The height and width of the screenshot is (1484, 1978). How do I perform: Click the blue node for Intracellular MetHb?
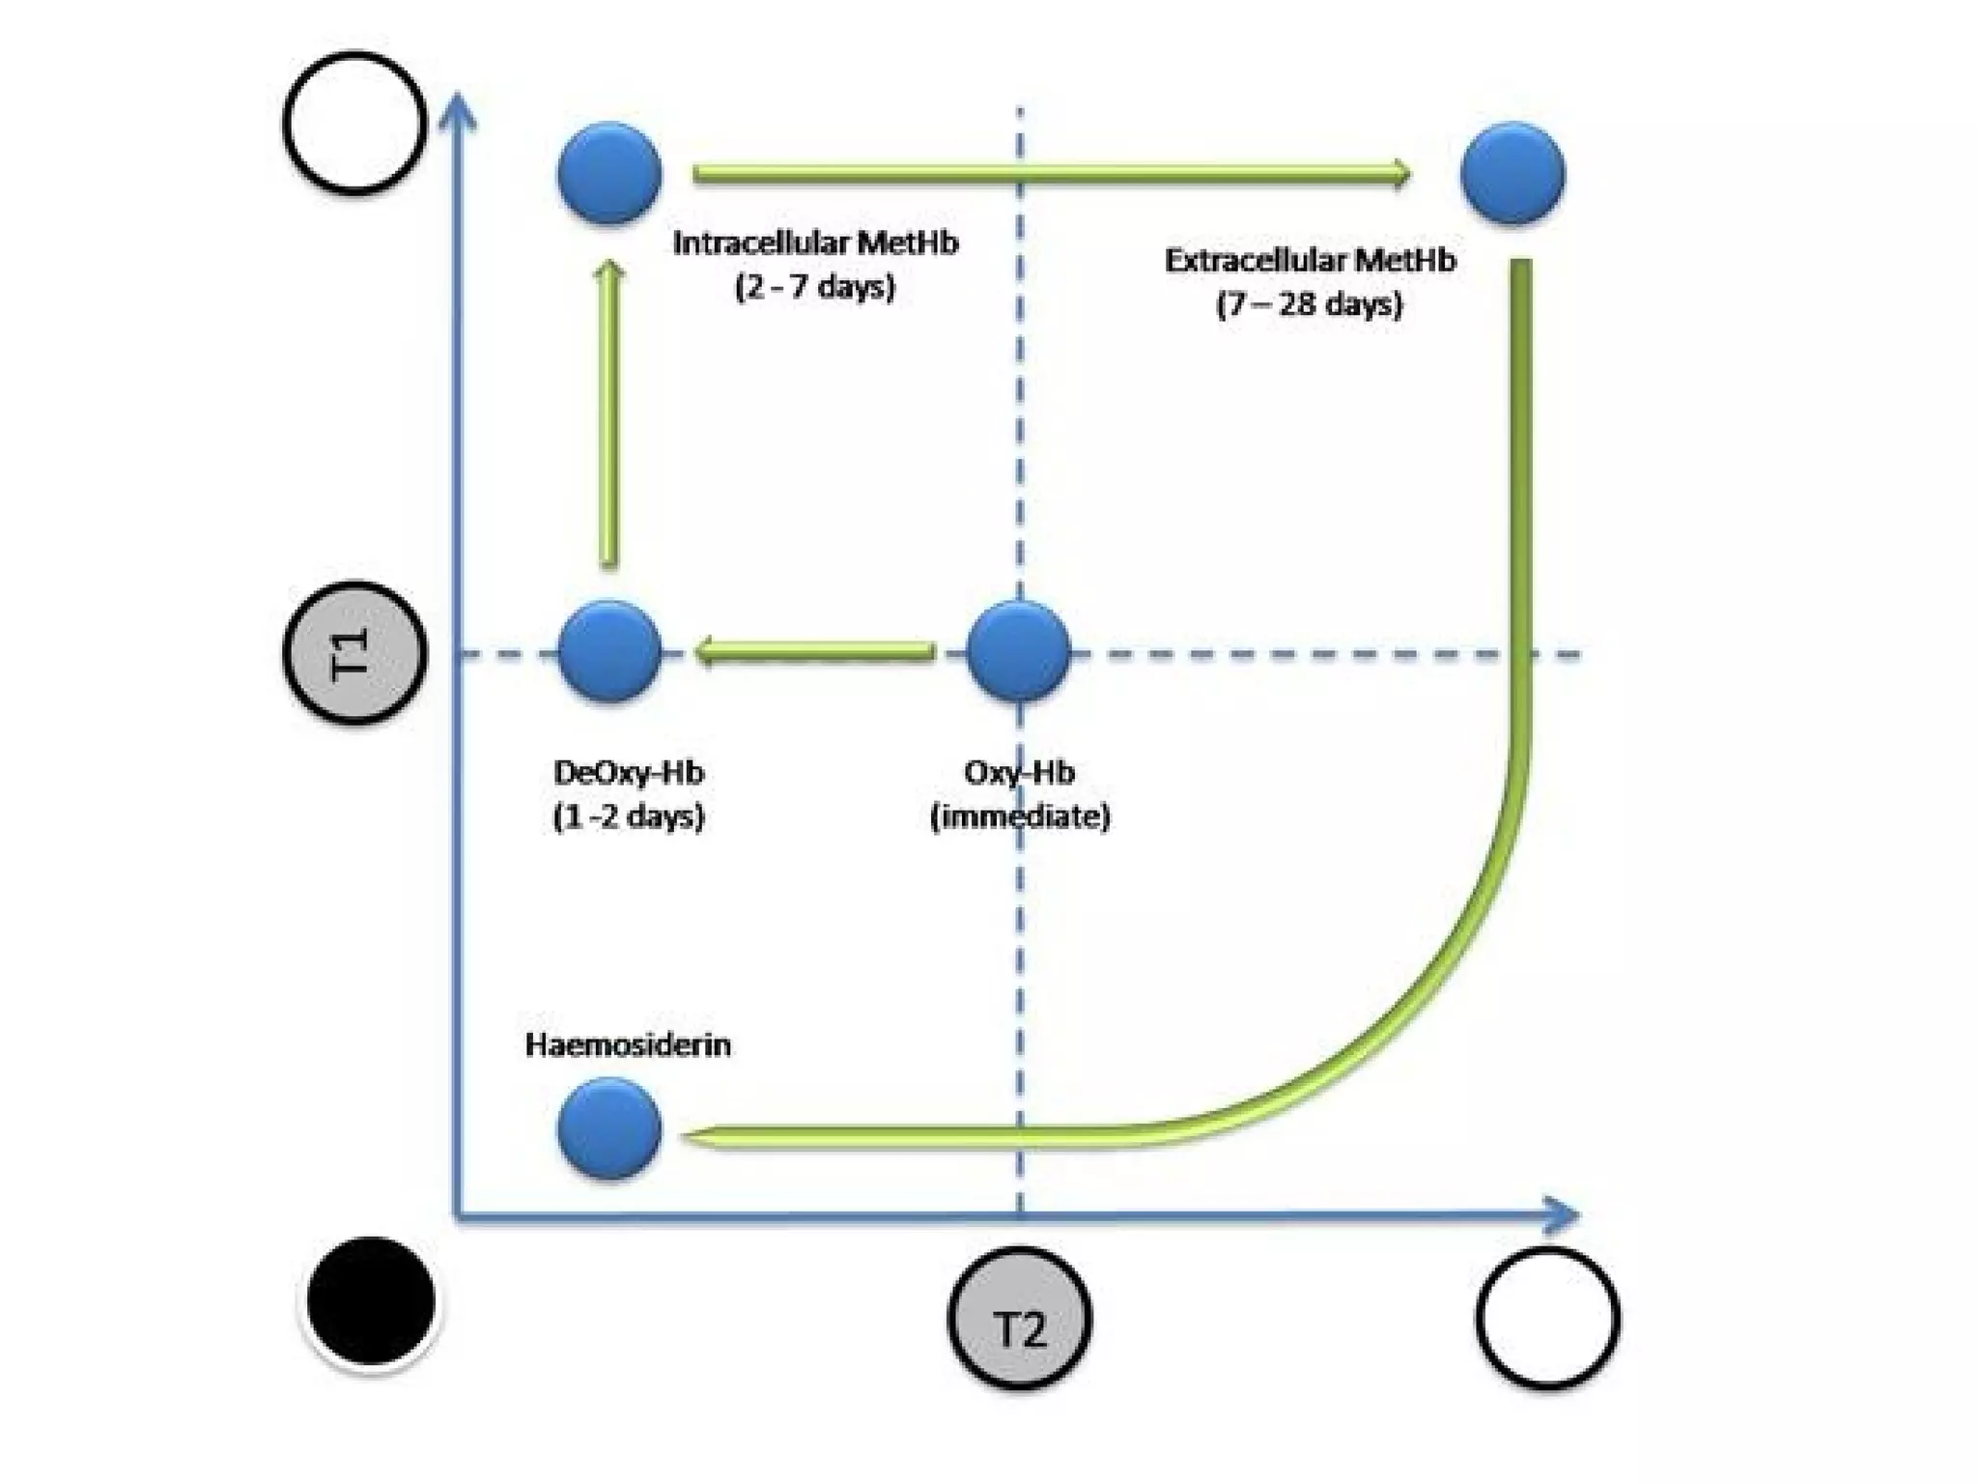point(609,173)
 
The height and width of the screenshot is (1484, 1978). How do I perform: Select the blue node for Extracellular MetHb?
point(1512,173)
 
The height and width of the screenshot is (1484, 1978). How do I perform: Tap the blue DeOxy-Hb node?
point(609,650)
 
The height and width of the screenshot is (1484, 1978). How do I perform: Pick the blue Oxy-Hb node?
point(1019,650)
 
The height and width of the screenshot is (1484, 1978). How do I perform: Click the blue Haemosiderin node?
point(609,1127)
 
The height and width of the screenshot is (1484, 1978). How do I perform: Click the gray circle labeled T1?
point(354,652)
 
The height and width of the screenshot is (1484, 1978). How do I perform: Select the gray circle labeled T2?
point(1020,1319)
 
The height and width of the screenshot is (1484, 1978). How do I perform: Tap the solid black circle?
point(371,1300)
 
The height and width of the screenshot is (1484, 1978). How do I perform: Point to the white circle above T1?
point(354,123)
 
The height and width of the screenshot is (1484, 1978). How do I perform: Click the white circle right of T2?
point(1547,1319)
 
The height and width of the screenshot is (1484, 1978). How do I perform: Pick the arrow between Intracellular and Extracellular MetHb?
point(1051,174)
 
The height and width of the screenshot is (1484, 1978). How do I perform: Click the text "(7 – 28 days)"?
point(1309,305)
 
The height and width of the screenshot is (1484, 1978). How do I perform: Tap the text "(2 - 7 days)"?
point(815,287)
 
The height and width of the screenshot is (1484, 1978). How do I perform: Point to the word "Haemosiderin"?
point(628,1045)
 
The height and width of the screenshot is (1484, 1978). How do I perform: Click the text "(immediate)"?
point(1020,817)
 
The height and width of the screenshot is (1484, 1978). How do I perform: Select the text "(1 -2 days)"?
point(629,817)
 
